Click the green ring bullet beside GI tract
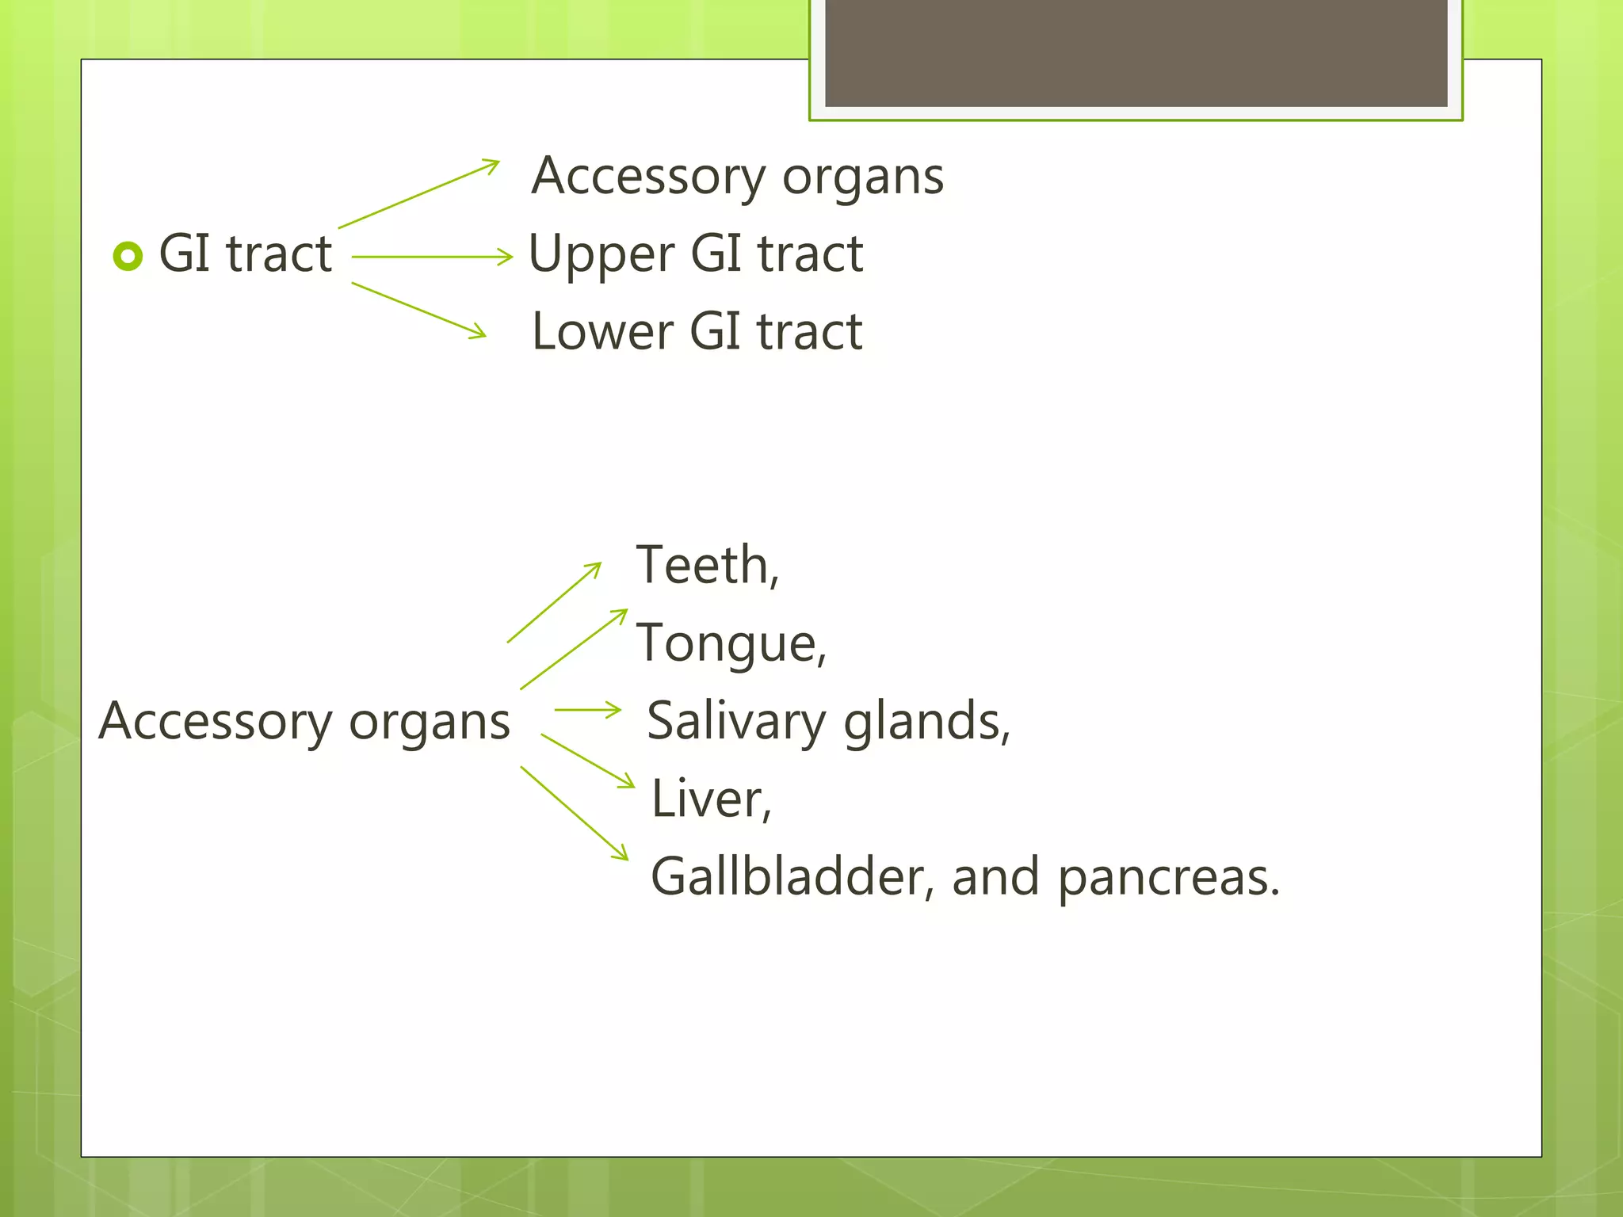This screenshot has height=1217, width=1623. click(x=128, y=256)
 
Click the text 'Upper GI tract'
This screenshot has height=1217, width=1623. click(x=695, y=254)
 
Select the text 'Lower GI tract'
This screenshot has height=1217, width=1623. click(x=697, y=331)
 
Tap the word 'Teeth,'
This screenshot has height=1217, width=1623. click(x=707, y=566)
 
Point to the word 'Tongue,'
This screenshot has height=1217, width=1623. click(x=731, y=643)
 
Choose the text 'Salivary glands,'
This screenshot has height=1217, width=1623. click(x=828, y=721)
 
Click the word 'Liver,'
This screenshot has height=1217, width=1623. click(x=711, y=799)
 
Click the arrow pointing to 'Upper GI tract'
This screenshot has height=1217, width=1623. click(x=432, y=257)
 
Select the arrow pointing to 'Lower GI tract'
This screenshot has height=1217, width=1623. click(x=418, y=310)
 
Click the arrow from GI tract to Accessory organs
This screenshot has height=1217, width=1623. click(x=418, y=194)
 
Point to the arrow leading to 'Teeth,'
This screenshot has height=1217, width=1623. click(x=554, y=602)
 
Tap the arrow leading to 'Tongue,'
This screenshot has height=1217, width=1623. click(x=574, y=649)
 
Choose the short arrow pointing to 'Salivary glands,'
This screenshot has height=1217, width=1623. click(x=587, y=709)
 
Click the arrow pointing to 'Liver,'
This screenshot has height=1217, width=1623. click(x=587, y=761)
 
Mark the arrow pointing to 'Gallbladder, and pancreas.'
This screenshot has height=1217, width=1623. click(x=574, y=812)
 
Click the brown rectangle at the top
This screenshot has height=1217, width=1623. click(x=1136, y=52)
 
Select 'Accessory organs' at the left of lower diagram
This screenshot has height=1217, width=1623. click(x=304, y=722)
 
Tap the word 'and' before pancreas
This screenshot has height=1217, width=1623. click(x=995, y=877)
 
